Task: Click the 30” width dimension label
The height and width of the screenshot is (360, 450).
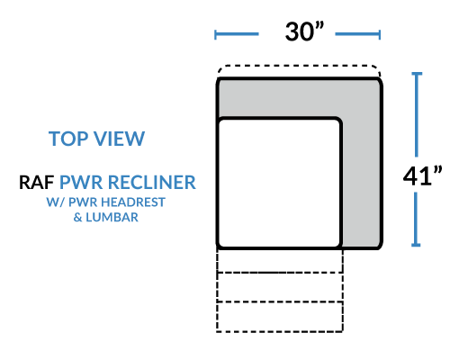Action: [304, 31]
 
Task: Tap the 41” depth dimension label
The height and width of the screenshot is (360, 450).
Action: [422, 175]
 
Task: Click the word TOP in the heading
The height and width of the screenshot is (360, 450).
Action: [68, 139]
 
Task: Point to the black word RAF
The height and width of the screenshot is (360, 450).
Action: [37, 183]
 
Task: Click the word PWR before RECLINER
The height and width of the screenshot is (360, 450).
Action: [81, 183]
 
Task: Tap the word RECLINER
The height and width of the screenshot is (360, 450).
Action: [152, 183]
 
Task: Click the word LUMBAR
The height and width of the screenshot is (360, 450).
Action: [112, 217]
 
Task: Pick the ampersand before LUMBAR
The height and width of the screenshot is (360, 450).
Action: [77, 217]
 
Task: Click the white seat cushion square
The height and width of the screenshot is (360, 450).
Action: [280, 183]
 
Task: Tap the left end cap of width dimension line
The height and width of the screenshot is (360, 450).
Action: [215, 34]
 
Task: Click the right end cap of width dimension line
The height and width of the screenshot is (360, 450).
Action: [380, 34]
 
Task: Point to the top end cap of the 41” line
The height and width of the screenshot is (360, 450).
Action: [417, 74]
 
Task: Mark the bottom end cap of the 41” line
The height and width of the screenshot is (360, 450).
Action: [416, 245]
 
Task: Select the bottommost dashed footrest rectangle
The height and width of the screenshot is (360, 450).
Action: [280, 317]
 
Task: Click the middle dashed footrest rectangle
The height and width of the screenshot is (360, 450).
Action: [280, 287]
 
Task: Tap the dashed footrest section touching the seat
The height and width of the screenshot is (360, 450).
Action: [280, 261]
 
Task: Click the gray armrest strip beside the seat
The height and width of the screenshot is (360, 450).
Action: [362, 183]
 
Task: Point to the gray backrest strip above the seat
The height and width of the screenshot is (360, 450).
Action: [299, 98]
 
